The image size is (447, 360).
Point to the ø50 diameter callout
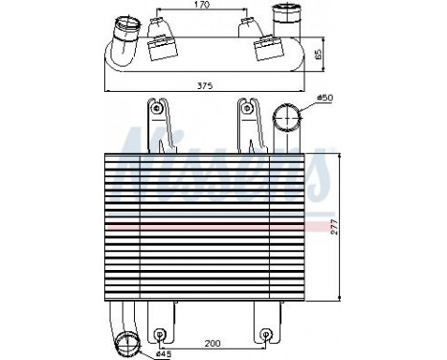[x=324, y=99]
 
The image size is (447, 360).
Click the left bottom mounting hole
[x=160, y=336]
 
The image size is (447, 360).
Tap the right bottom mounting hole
[x=266, y=336]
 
